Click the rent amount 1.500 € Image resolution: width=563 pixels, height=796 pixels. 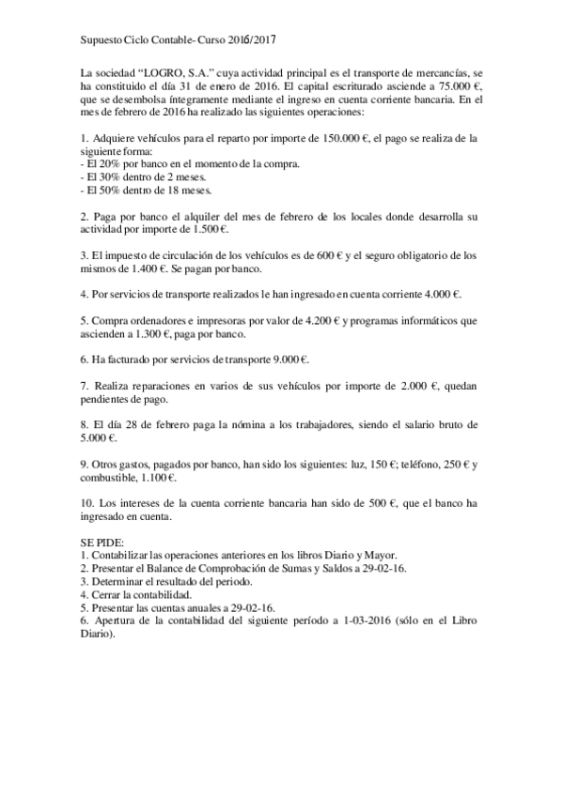[x=211, y=228]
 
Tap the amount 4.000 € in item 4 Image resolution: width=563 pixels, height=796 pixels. [x=442, y=294]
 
